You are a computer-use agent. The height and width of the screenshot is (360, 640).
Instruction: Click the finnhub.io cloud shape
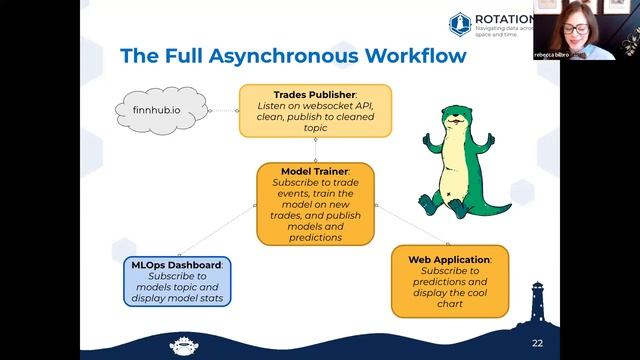[x=159, y=107]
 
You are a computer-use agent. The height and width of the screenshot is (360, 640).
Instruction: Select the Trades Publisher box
[x=314, y=110]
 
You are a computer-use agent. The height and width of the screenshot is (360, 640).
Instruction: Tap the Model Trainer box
[x=315, y=204]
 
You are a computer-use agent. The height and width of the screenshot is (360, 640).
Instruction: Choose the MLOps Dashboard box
[x=177, y=281]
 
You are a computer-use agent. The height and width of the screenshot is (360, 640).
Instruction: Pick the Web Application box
[x=449, y=281]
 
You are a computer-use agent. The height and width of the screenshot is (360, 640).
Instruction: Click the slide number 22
[x=537, y=342]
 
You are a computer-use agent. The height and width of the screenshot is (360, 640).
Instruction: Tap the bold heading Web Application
[x=448, y=259]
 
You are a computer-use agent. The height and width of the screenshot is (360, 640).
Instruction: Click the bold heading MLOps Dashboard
[x=177, y=264]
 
